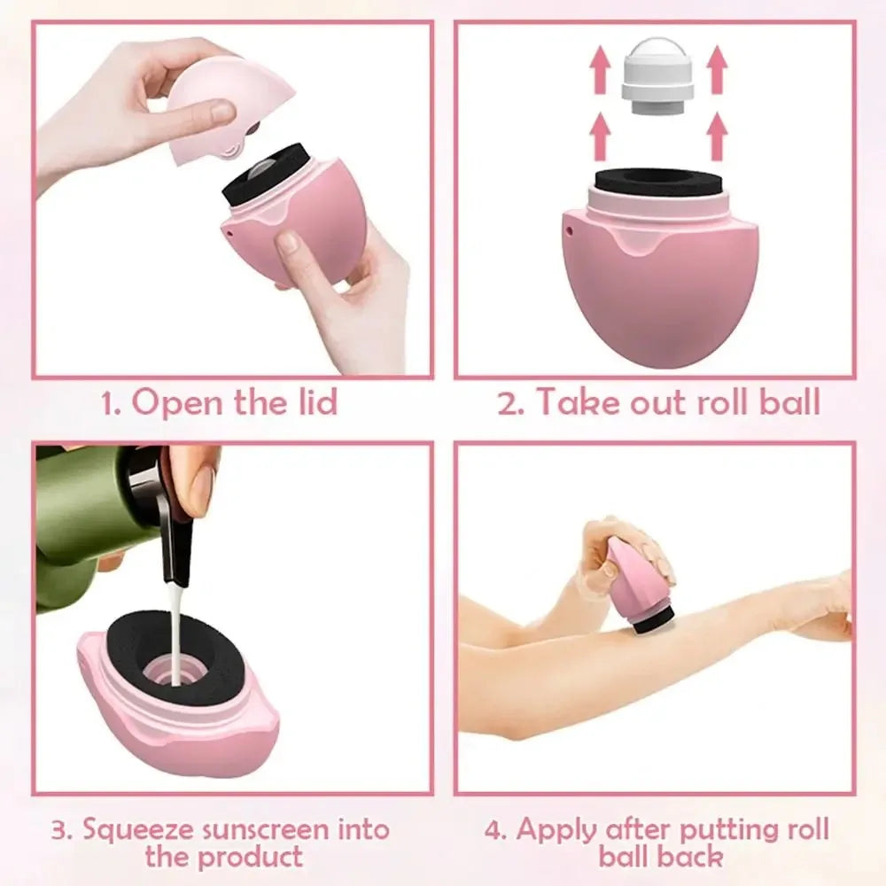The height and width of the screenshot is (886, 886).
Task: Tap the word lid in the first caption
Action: [x=314, y=403]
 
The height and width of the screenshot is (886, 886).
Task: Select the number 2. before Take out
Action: [x=511, y=403]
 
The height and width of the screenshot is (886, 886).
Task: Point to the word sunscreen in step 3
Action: [x=260, y=830]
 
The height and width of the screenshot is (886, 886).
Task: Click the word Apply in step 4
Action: [x=555, y=830]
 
